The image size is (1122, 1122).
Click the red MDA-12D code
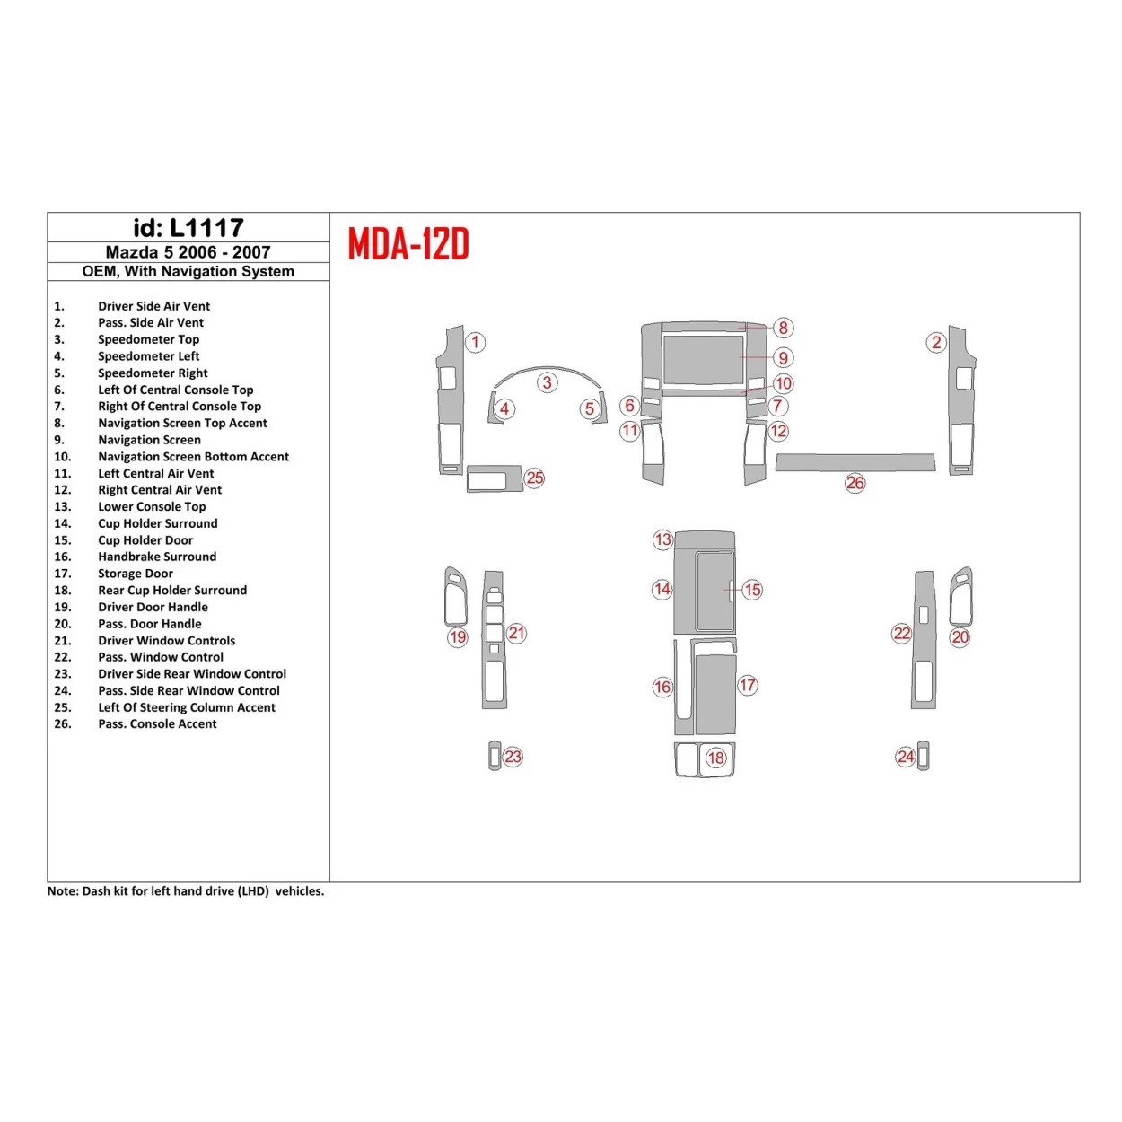[x=408, y=244]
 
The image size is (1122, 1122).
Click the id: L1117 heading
[x=188, y=228]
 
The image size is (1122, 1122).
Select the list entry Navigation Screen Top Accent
[x=182, y=423]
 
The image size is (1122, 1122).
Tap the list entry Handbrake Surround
[x=157, y=557]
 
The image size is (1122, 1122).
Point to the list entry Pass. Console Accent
[x=157, y=723]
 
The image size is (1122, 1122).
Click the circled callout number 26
[x=855, y=483]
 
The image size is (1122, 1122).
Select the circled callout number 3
[x=547, y=382]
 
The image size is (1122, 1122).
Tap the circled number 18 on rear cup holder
[x=715, y=758]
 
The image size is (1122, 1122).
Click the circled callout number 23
[x=513, y=757]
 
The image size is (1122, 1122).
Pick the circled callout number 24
[x=906, y=757]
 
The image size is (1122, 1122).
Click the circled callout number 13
[x=662, y=539]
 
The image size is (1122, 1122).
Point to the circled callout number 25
[x=535, y=478]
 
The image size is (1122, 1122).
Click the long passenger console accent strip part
[x=855, y=462]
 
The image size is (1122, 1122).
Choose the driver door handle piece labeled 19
[x=456, y=597]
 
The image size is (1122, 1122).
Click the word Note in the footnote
[x=62, y=891]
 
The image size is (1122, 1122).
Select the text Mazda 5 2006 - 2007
[x=188, y=252]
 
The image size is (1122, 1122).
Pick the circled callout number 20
[x=960, y=637]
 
